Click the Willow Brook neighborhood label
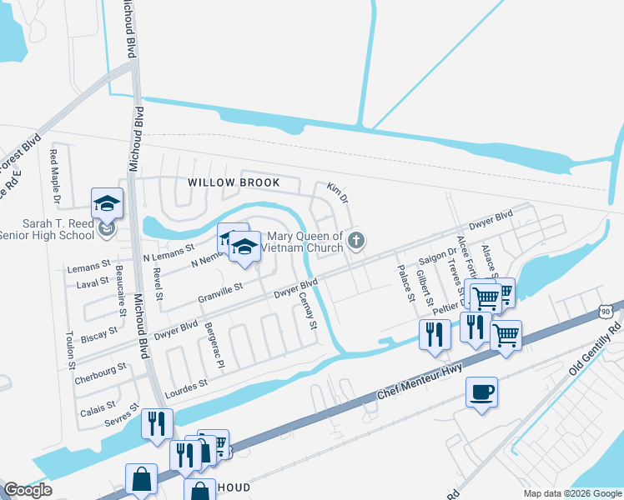(232, 182)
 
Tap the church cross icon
(356, 242)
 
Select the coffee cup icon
(482, 392)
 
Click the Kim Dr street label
(337, 191)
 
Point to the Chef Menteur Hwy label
(418, 372)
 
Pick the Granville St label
(220, 292)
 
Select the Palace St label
(405, 282)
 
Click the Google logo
(28, 490)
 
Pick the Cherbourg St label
(99, 367)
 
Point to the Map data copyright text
(571, 493)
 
